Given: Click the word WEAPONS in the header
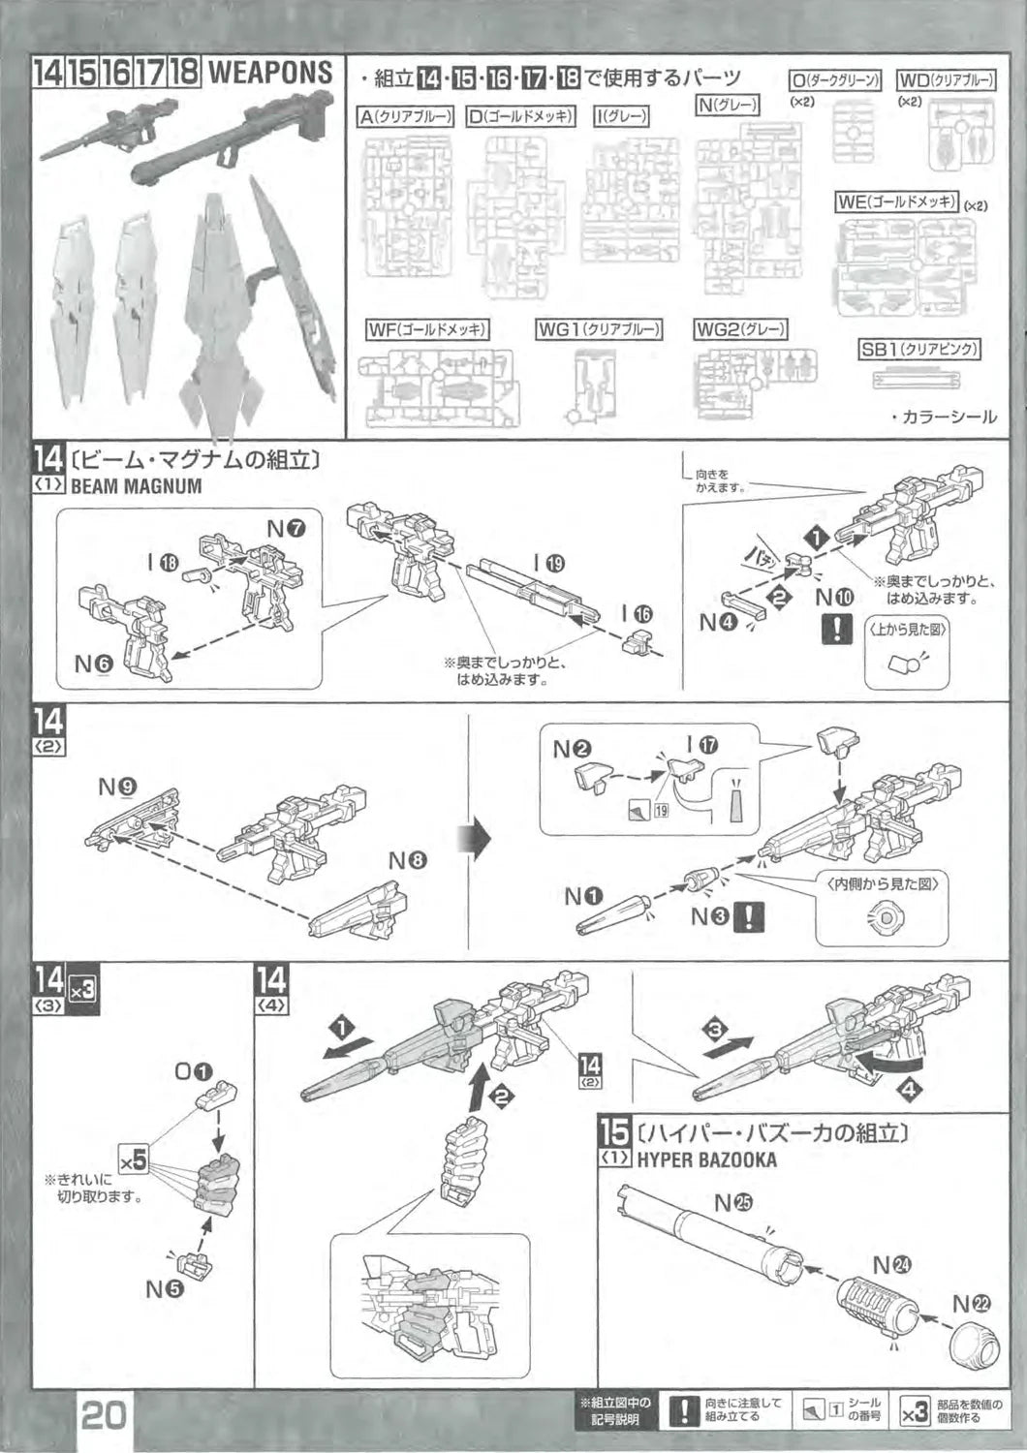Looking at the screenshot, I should [x=270, y=72].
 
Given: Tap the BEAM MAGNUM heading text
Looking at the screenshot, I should [x=136, y=486].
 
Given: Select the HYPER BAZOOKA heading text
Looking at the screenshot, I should [x=705, y=1159].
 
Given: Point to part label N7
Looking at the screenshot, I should [x=286, y=529].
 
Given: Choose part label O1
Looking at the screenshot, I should [x=192, y=1072].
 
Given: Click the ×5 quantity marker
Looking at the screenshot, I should [x=133, y=1159].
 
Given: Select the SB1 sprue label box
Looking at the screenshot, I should [x=918, y=350].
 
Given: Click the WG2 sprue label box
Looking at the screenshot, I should [x=740, y=330].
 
